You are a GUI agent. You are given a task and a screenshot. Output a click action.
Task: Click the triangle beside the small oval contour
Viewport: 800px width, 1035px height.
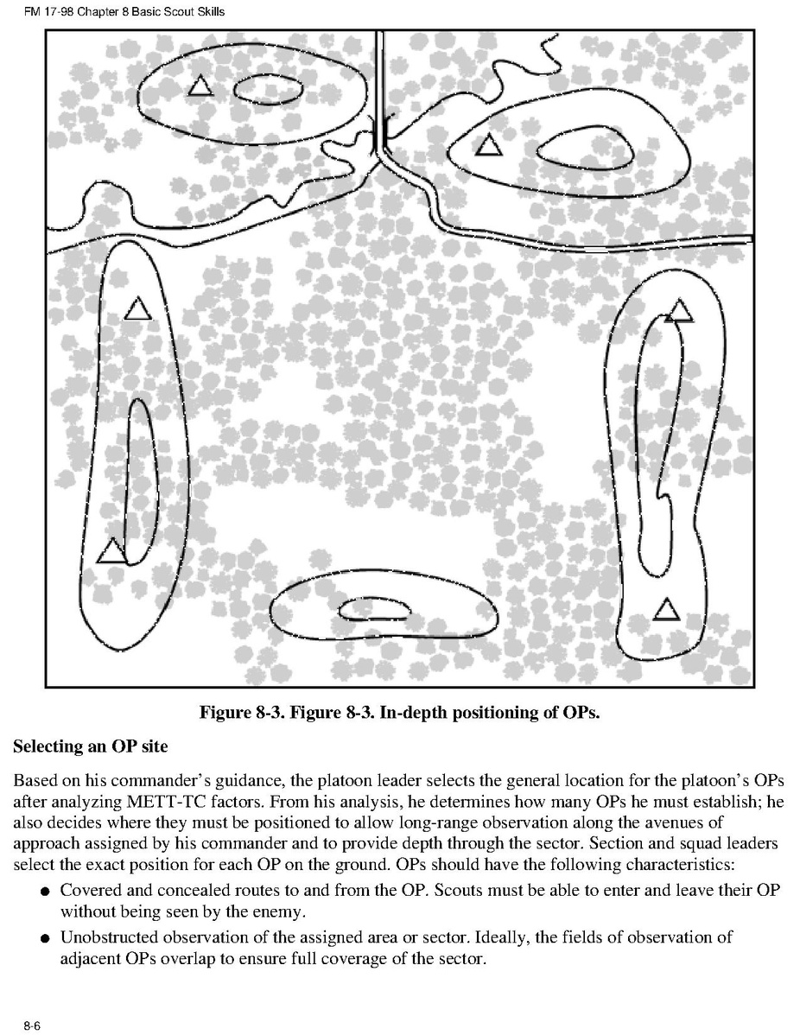click(x=200, y=86)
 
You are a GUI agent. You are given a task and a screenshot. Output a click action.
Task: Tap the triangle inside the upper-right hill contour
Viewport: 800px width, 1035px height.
click(x=489, y=146)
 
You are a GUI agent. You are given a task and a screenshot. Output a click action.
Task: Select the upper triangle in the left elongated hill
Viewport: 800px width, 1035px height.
click(x=137, y=308)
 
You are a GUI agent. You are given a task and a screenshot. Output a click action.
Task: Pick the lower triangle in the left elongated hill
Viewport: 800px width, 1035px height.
click(x=111, y=550)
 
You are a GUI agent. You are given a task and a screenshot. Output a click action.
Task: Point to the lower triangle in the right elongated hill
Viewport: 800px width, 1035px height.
click(x=665, y=610)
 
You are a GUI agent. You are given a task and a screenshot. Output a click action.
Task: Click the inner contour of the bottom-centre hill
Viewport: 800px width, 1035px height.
click(x=375, y=611)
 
